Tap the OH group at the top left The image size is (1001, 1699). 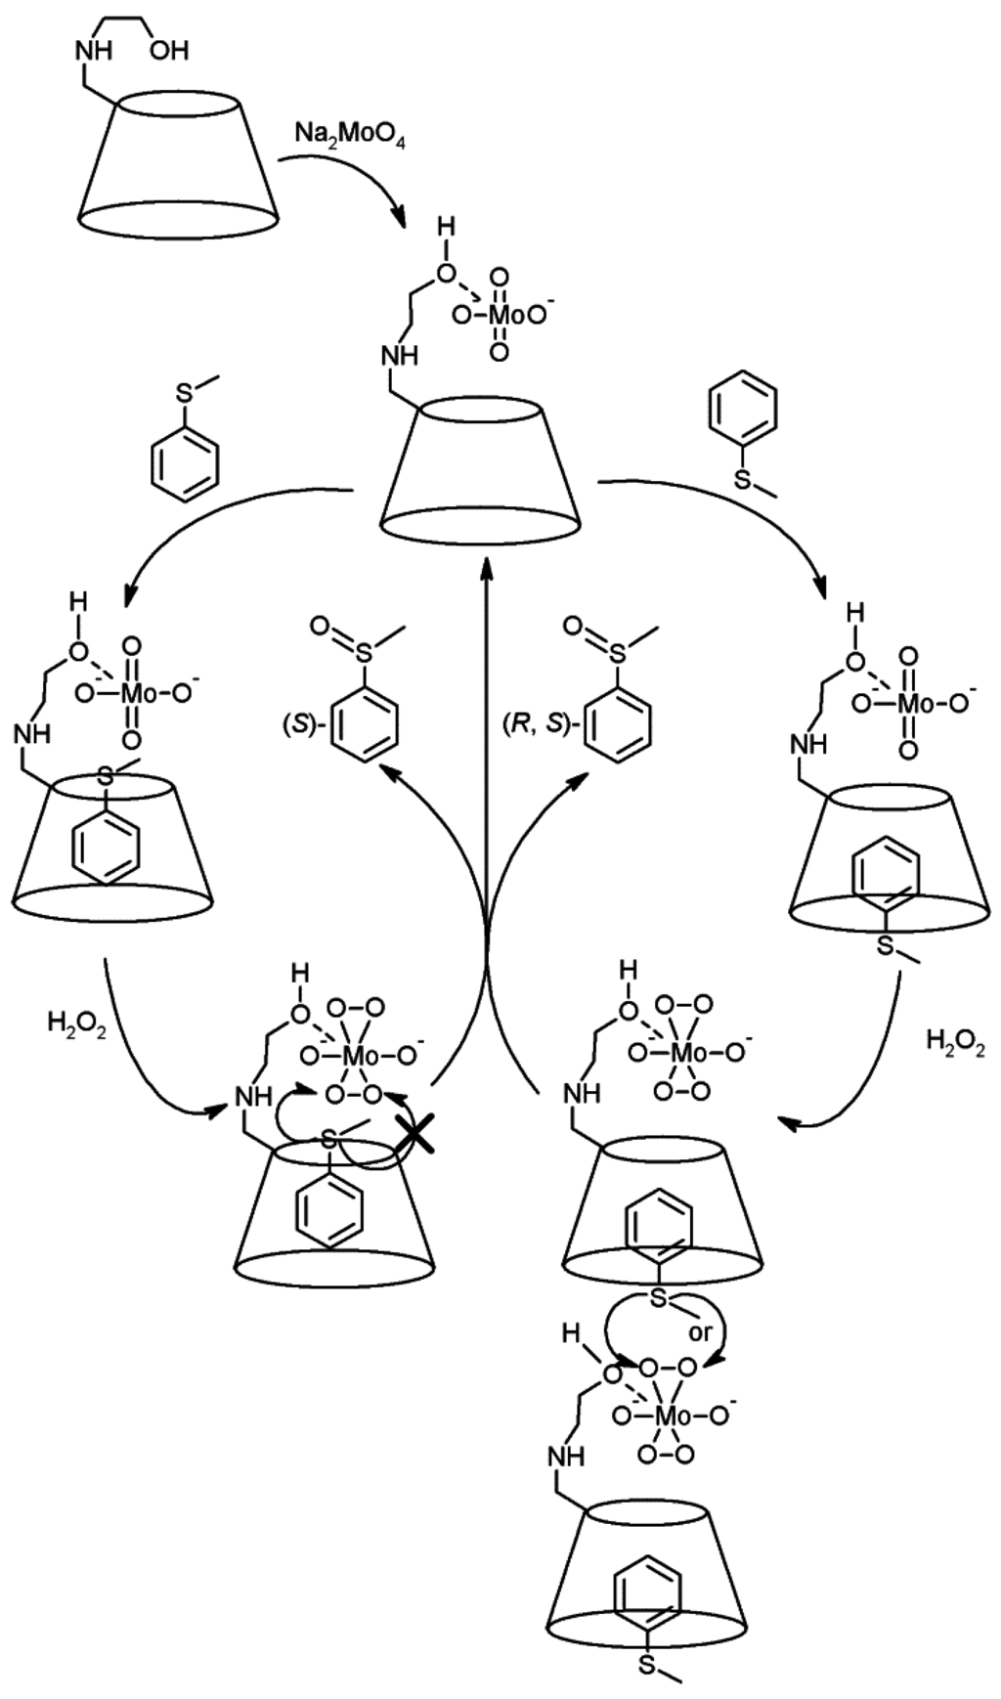point(168,49)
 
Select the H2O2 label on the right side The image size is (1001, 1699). point(955,1041)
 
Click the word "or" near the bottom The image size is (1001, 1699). point(699,1332)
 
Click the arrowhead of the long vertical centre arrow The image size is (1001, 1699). point(486,558)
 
